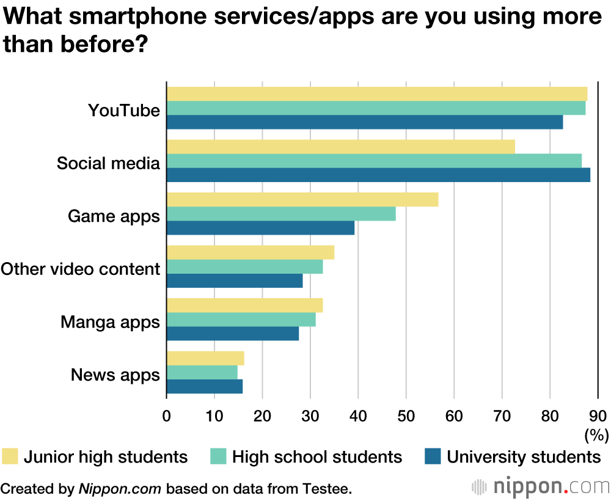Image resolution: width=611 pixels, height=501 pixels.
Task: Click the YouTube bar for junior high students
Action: [376, 94]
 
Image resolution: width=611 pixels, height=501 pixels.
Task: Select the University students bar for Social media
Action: [378, 175]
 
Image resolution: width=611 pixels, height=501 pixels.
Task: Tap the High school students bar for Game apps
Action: [281, 214]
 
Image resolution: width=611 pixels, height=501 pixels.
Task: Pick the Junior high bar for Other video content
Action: [251, 253]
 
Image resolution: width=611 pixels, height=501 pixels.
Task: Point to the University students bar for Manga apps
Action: [233, 334]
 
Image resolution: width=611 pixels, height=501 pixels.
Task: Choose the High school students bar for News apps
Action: [202, 372]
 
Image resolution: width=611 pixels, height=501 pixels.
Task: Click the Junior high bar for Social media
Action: [341, 147]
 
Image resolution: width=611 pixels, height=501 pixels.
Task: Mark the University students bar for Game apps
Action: [260, 228]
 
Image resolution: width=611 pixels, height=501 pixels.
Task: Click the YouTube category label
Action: [124, 111]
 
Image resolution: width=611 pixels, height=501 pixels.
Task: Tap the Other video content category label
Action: [81, 269]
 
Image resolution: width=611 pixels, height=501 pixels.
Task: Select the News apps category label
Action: [115, 375]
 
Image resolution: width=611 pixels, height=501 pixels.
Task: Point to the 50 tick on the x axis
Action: [406, 417]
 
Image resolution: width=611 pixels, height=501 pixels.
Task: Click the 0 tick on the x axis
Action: [167, 417]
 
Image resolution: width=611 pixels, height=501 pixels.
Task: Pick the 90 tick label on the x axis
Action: [598, 417]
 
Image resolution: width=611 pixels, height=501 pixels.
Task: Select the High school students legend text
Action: [317, 457]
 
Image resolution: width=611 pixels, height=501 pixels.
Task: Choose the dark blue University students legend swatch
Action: [433, 456]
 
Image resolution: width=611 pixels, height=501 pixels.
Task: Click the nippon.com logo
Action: [541, 487]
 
